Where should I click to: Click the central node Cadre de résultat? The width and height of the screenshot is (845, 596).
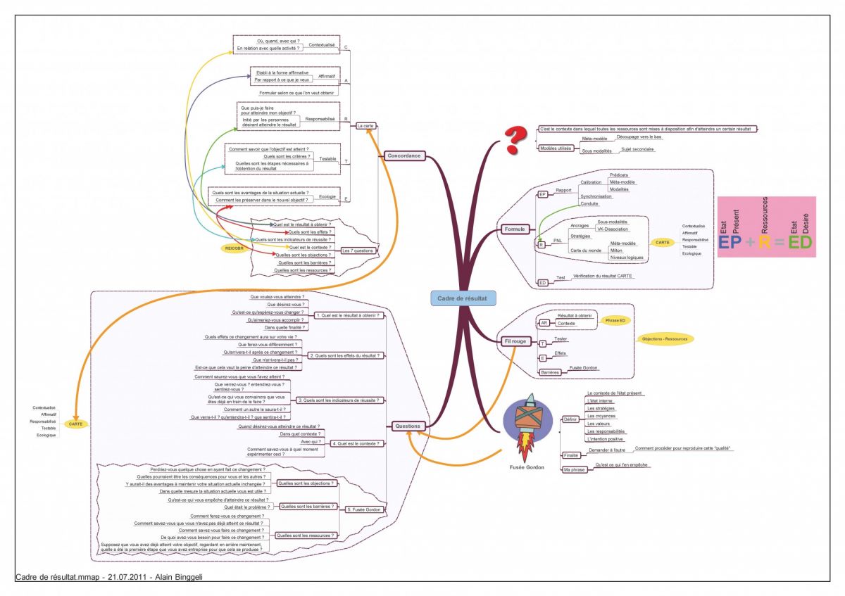pyautogui.click(x=461, y=299)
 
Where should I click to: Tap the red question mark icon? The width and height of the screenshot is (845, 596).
pyautogui.click(x=516, y=139)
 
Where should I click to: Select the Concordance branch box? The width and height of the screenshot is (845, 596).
pyautogui.click(x=404, y=156)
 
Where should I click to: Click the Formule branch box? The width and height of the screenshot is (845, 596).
pyautogui.click(x=515, y=229)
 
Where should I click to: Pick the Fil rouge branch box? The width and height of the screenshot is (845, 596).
pyautogui.click(x=515, y=341)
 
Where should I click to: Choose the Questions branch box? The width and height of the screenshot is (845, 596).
pyautogui.click(x=408, y=426)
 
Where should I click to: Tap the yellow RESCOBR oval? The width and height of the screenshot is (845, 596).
pyautogui.click(x=234, y=248)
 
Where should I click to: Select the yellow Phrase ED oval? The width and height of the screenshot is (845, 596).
pyautogui.click(x=616, y=320)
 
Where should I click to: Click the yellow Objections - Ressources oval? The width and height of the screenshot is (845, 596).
pyautogui.click(x=664, y=338)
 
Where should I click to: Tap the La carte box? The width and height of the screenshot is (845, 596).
pyautogui.click(x=365, y=125)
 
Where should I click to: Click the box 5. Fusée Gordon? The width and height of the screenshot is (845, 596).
pyautogui.click(x=363, y=509)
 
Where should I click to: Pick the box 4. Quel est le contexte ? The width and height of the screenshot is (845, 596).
pyautogui.click(x=357, y=443)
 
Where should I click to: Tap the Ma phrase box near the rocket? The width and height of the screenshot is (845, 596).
pyautogui.click(x=573, y=469)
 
